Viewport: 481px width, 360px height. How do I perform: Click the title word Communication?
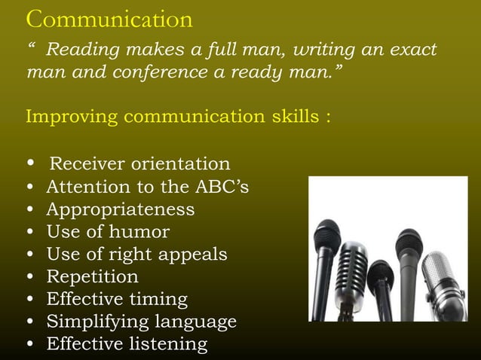109,18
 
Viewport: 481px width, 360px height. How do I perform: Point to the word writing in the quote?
325,50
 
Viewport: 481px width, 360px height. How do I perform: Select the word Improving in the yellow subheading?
72,118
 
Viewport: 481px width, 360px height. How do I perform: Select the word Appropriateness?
120,209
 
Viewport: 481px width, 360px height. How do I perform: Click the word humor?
139,232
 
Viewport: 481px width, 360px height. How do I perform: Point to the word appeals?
191,255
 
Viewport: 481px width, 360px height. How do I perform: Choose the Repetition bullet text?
92,277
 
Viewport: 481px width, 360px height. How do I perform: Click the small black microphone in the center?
381,276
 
